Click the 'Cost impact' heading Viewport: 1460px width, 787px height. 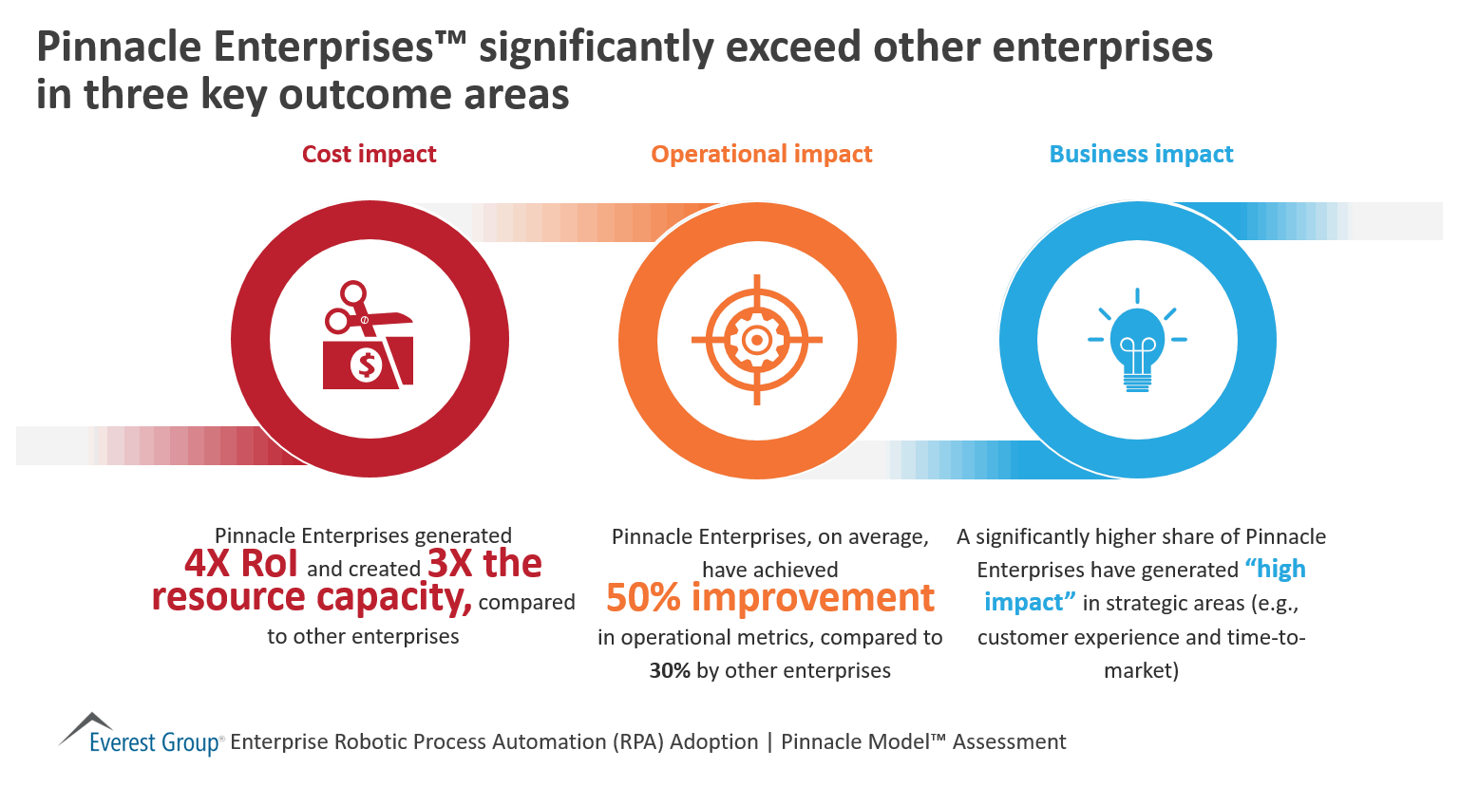click(x=369, y=154)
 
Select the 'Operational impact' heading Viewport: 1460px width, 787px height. click(x=761, y=154)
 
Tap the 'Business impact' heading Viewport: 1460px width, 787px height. click(x=1141, y=154)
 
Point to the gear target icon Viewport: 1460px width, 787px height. click(x=757, y=339)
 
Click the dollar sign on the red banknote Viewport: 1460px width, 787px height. click(x=366, y=364)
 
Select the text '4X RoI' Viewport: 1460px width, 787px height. click(x=241, y=564)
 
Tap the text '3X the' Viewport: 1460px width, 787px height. click(x=484, y=564)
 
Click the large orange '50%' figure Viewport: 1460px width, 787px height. click(x=643, y=598)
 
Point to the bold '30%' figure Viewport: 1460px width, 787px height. click(x=670, y=671)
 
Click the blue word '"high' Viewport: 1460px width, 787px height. click(x=1276, y=569)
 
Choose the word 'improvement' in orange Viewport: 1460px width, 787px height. click(x=813, y=598)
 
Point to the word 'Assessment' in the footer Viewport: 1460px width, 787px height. click(x=1009, y=741)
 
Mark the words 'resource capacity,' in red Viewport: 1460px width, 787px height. click(x=312, y=598)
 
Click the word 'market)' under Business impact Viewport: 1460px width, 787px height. click(x=1141, y=671)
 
